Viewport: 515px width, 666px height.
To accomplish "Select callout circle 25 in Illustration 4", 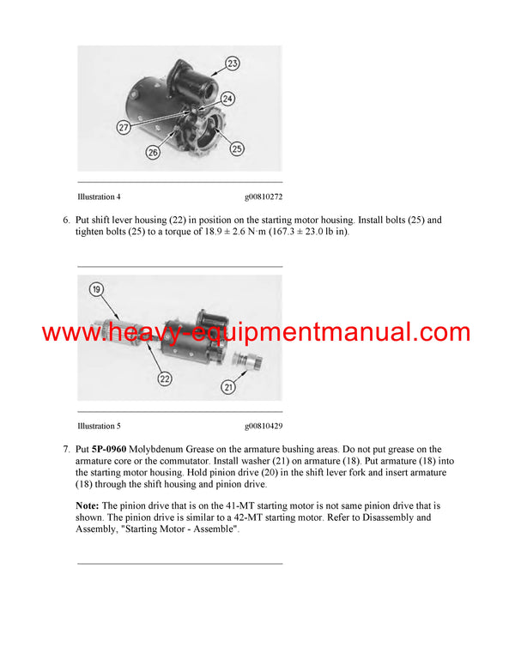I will [236, 148].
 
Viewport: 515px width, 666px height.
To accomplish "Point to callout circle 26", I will [153, 153].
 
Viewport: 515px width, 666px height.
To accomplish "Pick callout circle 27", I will [124, 127].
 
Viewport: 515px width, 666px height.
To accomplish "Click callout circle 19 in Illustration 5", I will [96, 290].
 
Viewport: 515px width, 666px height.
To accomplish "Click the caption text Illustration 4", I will [99, 197].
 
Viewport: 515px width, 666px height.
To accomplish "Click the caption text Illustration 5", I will [99, 426].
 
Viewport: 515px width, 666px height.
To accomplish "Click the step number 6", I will [66, 221].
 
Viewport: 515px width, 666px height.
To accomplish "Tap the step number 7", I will [66, 450].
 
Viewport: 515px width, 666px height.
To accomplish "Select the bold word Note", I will [87, 506].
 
